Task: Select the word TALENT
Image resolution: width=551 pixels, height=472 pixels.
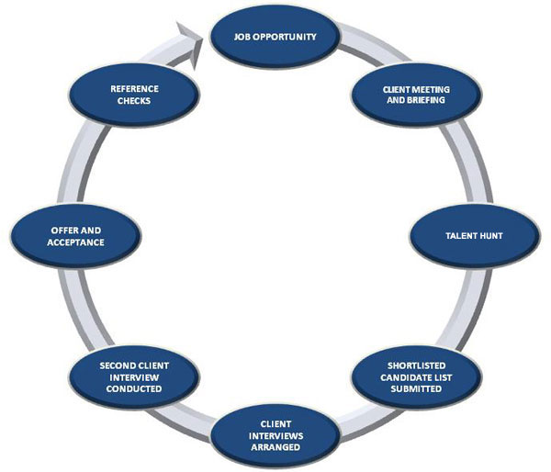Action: point(453,236)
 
